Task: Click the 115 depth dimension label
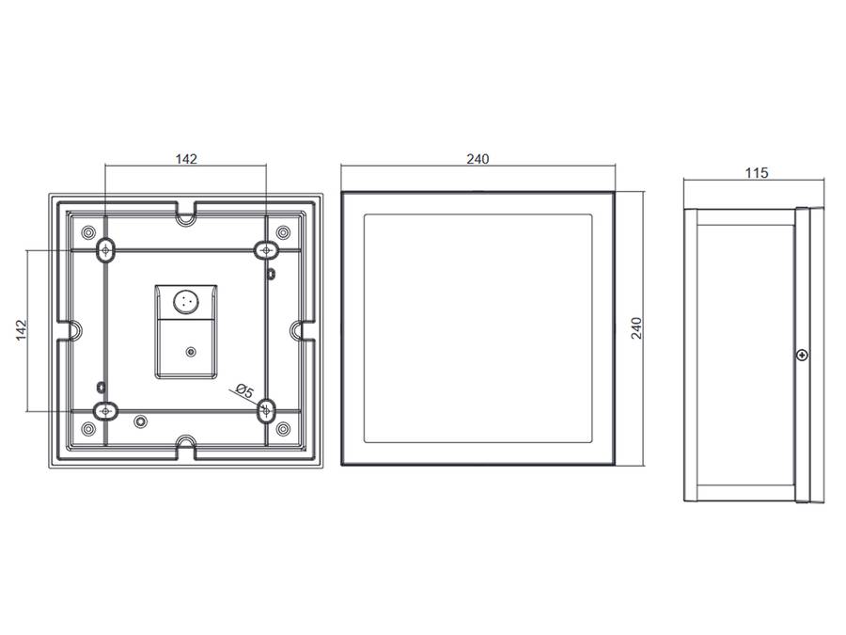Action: pos(757,173)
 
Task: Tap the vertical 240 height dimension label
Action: pos(636,328)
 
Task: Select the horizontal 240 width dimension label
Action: pos(478,159)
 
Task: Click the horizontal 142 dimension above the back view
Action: pos(186,159)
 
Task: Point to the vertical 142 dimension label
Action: pos(21,330)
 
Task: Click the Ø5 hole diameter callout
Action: pos(244,391)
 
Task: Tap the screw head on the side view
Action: pos(803,355)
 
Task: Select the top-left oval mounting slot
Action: pos(105,249)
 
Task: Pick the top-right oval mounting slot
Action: pos(265,249)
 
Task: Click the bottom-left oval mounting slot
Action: pos(105,411)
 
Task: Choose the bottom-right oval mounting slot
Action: pos(266,410)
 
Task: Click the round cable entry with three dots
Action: pos(186,301)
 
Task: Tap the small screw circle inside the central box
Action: pos(190,352)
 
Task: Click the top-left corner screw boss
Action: pos(88,232)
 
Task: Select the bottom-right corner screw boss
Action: pos(283,429)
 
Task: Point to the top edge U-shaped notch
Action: pos(186,216)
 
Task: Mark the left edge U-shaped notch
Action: pos(72,330)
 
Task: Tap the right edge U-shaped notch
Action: pos(300,330)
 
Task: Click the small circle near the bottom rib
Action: pos(141,421)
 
